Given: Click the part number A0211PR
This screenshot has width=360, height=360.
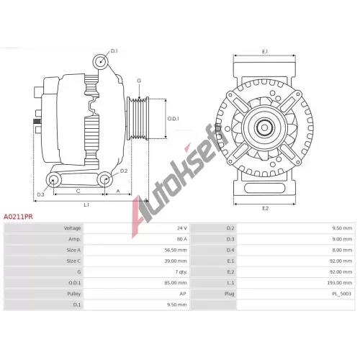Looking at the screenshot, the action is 18,217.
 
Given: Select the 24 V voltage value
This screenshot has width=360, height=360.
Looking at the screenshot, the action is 181,228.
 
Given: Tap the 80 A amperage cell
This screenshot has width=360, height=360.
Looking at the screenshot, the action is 181,239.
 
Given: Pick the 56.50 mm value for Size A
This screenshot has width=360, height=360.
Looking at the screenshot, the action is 176,250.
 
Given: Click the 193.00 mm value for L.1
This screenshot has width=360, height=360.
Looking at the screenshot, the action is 340,283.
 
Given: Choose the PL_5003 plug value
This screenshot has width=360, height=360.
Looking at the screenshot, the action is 341,294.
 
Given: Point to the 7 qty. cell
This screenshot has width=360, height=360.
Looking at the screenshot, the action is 181,272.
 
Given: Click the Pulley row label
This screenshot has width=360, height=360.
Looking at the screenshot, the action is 73,294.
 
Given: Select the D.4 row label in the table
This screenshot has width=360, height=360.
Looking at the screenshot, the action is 230,250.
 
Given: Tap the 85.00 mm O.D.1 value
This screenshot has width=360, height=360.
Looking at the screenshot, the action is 176,283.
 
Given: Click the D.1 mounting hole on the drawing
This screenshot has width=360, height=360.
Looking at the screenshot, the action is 101,61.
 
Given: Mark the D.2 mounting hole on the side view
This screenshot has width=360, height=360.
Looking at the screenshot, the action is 105,179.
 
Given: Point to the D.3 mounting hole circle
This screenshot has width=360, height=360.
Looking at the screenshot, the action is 53,180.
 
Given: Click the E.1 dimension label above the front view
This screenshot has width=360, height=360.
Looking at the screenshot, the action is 265,51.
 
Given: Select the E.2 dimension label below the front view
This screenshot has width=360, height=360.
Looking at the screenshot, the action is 265,208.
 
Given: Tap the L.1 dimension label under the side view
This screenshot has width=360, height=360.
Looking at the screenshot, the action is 86,205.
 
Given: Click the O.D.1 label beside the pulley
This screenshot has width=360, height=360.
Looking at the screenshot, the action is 173,119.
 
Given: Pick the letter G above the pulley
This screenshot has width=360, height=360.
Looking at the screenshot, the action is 139,81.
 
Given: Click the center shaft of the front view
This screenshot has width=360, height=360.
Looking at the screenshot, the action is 264,127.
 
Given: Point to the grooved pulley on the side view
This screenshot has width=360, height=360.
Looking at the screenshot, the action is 138,118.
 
